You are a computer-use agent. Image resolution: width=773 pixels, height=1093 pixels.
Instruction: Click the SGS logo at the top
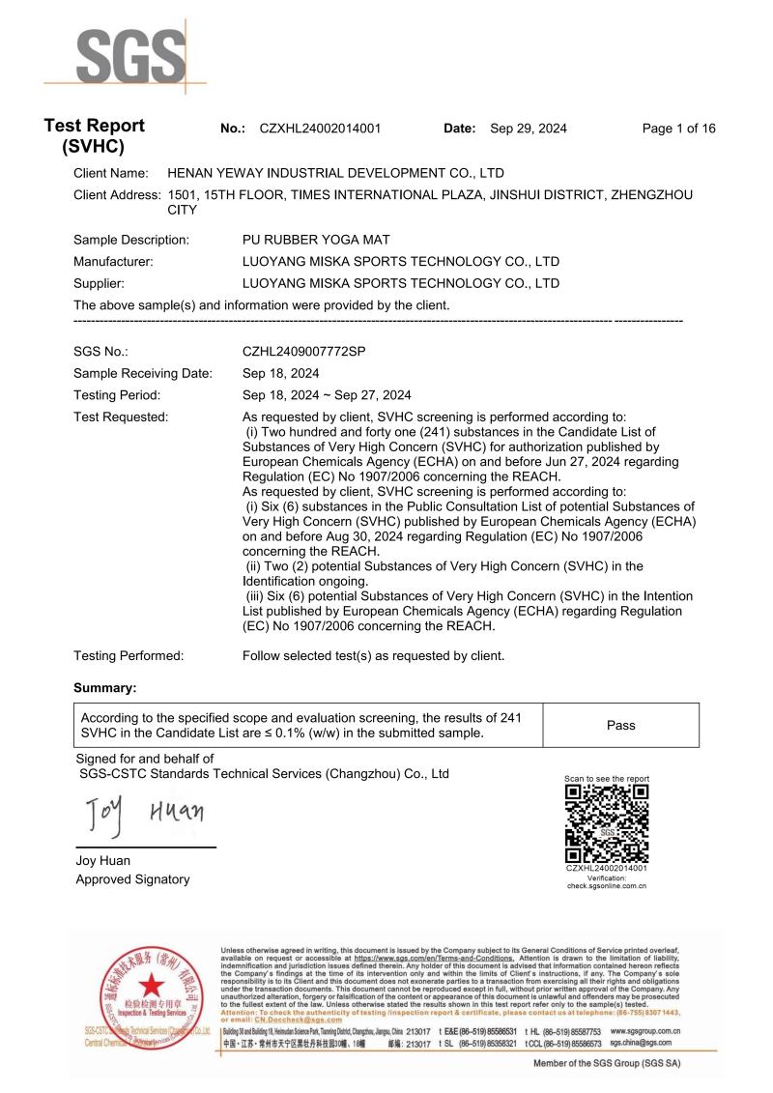131,57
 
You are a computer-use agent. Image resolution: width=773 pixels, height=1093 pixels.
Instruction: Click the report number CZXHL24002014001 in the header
320,129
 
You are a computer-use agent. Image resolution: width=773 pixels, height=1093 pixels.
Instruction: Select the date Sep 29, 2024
529,129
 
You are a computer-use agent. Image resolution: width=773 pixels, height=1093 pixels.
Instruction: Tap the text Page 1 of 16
678,129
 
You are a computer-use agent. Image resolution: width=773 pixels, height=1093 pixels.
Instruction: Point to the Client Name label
111,174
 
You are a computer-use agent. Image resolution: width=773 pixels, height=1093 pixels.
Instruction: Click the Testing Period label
117,395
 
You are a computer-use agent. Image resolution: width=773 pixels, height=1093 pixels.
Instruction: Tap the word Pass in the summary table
620,725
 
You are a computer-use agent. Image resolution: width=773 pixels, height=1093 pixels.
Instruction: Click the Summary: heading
105,688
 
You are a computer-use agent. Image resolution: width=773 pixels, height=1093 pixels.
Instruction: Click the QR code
606,823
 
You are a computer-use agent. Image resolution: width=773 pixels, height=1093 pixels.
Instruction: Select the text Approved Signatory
132,879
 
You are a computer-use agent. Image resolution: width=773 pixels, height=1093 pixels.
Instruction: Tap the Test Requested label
121,417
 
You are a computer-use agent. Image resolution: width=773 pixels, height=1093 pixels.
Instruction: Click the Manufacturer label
114,261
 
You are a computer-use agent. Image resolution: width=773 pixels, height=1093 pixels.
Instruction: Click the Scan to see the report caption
606,779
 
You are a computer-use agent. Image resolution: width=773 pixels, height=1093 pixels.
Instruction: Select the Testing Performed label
129,656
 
